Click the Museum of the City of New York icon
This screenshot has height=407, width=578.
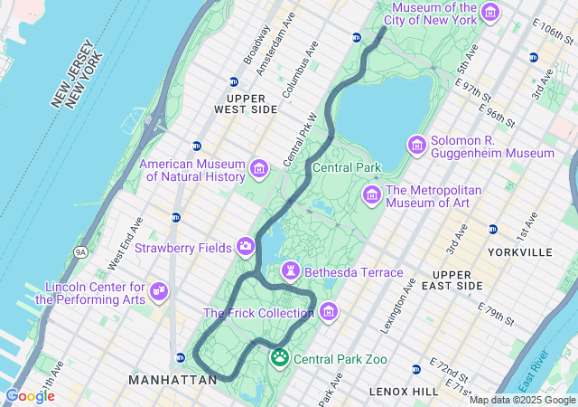click(x=490, y=12)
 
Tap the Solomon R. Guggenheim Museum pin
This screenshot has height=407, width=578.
click(x=416, y=145)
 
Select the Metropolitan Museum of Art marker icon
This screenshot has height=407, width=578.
click(x=371, y=194)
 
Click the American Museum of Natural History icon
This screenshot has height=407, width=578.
click(x=259, y=169)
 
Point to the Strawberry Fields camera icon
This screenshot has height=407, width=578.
click(x=245, y=246)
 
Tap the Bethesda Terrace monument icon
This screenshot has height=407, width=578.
click(x=290, y=271)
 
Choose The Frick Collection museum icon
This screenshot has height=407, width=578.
click(x=329, y=312)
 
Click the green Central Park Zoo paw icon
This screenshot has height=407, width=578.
click(x=280, y=358)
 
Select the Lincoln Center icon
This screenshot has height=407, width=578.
click(x=159, y=290)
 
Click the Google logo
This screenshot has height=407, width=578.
click(x=30, y=395)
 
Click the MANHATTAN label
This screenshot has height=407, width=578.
click(x=172, y=381)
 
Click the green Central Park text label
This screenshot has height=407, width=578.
click(x=347, y=167)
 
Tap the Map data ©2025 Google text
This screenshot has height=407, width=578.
click(x=521, y=400)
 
